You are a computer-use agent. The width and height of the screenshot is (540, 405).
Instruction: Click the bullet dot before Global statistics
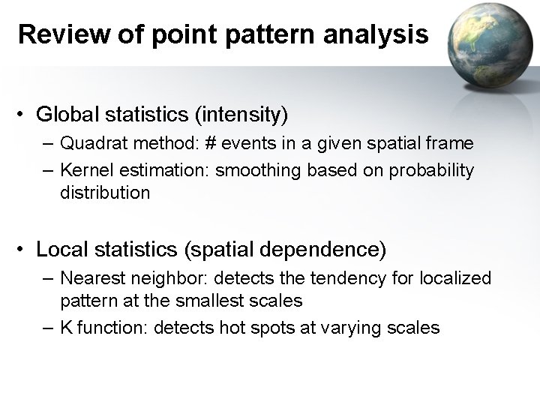24,116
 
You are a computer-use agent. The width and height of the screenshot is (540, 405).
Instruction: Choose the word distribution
105,193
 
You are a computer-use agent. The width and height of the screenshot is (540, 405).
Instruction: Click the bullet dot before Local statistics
24,248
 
